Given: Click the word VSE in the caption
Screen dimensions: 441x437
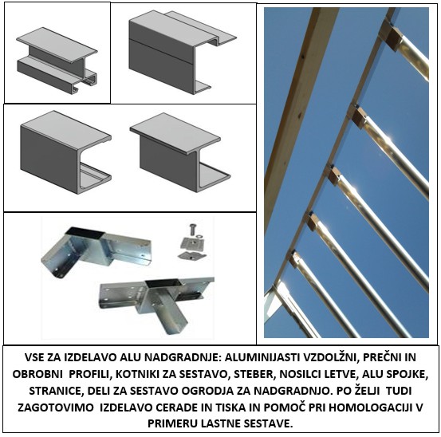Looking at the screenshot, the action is pos(33,357).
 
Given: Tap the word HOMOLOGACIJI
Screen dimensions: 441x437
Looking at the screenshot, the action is pos(370,407).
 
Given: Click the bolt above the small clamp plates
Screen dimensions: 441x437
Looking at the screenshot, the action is pos(193,229).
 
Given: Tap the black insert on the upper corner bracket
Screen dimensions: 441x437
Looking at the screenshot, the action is pos(85,232).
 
